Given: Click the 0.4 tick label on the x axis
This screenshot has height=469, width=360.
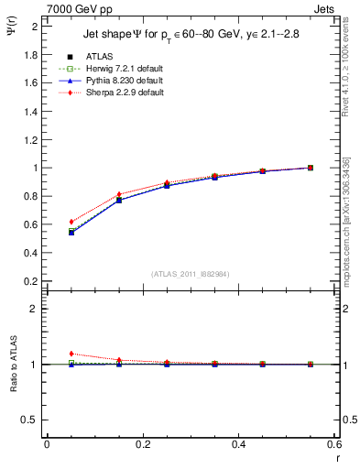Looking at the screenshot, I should coord(237,444).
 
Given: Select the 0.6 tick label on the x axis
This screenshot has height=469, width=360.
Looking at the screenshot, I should coord(333,444).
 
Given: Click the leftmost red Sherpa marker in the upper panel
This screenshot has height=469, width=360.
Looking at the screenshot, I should coord(71,222).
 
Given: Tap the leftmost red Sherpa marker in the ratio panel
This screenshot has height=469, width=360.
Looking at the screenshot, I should coord(71,354).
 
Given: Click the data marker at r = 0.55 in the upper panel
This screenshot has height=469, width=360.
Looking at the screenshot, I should coord(311,168).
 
